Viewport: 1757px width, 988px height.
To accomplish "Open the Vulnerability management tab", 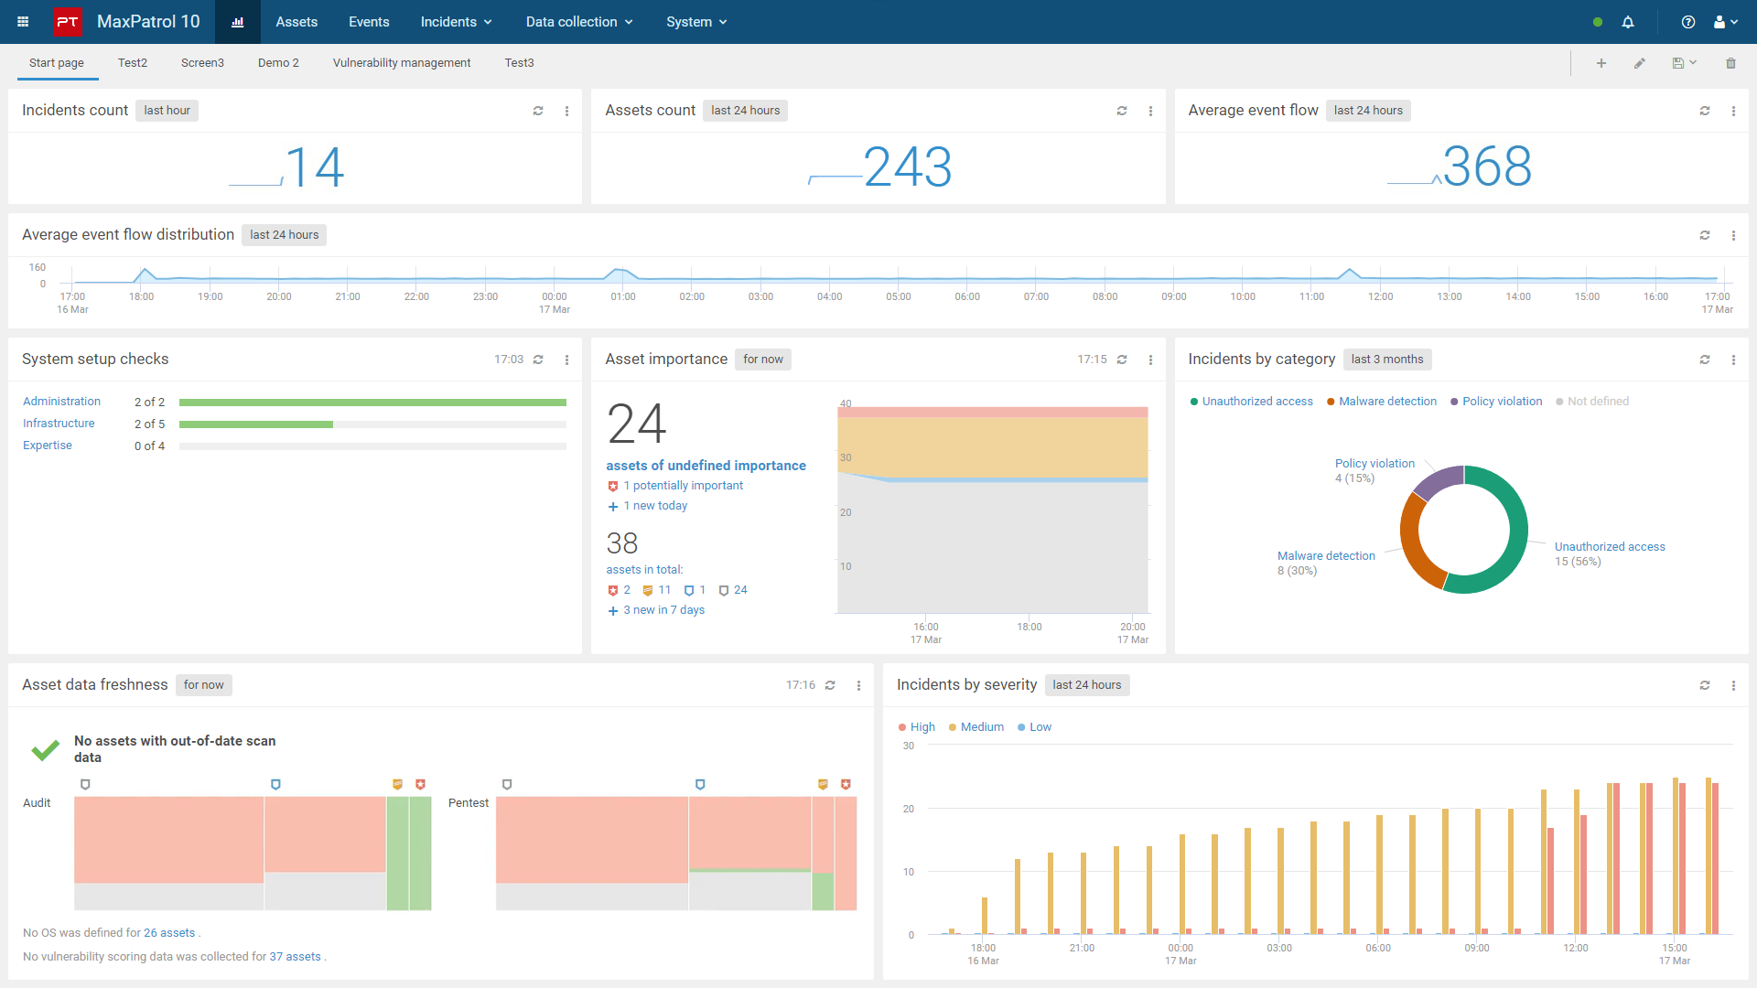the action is coord(402,63).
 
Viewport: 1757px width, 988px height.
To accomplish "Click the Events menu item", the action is coord(369,22).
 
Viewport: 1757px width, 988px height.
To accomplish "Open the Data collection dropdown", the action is coord(579,22).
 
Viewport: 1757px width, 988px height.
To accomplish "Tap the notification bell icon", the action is coord(1628,22).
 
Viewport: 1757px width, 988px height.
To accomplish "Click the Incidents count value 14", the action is coord(315,167).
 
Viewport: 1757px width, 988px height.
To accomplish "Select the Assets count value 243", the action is coord(908,167).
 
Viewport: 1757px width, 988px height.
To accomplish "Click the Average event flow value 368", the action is coord(1487,166).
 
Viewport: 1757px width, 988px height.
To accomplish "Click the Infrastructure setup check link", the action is coord(59,424).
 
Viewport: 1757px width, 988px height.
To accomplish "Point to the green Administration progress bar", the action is coord(372,403).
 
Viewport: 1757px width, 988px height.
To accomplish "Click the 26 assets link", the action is coord(169,933).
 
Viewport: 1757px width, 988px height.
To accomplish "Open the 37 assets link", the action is coord(295,957).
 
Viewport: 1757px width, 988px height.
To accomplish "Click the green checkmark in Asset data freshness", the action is coord(46,751).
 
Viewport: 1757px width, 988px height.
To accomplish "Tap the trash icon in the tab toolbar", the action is coord(1730,63).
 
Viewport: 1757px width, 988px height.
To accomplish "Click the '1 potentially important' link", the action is coord(683,486).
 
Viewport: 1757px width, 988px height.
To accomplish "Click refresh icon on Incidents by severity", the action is coord(1705,685).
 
